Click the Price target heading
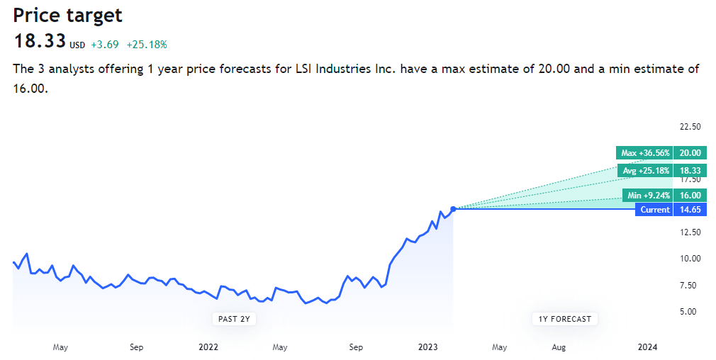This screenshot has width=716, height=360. click(67, 15)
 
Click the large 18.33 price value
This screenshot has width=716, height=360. click(40, 41)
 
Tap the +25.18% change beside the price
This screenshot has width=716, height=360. click(147, 45)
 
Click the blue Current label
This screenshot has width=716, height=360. click(654, 210)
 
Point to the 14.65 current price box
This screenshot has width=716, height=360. click(690, 210)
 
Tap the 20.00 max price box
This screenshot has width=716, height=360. click(690, 152)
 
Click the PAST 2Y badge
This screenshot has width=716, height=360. click(234, 319)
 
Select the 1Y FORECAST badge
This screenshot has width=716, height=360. click(564, 319)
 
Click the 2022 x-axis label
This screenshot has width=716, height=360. click(208, 347)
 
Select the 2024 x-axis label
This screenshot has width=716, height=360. click(647, 347)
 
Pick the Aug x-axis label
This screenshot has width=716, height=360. click(559, 347)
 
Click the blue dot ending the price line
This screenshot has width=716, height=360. click(453, 209)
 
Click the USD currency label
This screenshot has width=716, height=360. click(77, 45)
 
